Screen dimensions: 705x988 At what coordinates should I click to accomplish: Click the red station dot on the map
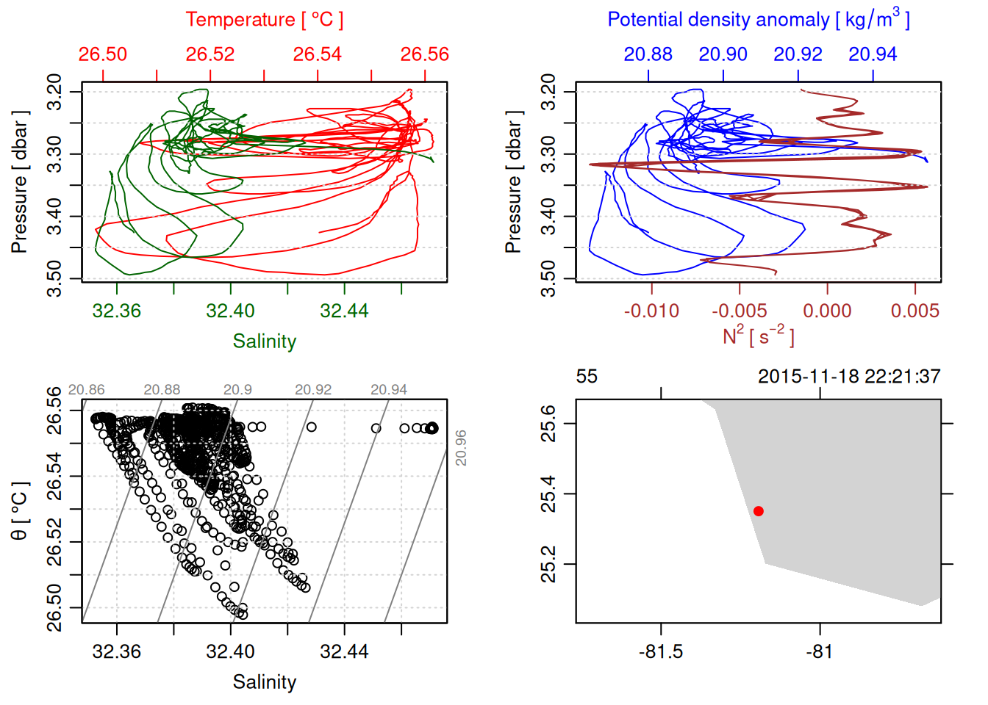(x=758, y=511)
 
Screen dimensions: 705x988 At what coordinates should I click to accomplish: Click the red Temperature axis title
(x=264, y=20)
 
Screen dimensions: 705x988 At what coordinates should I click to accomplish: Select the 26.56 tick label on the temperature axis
(x=424, y=54)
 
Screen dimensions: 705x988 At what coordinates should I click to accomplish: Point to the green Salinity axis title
(x=264, y=341)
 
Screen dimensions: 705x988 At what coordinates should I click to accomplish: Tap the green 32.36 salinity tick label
(x=117, y=311)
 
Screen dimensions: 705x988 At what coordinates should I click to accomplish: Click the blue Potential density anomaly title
(x=758, y=20)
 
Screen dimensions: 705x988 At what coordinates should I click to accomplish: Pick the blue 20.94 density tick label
(x=873, y=54)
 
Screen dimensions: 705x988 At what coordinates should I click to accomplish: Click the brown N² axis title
(x=758, y=336)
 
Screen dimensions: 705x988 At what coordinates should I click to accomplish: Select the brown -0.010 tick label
(x=651, y=311)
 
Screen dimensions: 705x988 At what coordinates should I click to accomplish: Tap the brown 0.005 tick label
(x=914, y=311)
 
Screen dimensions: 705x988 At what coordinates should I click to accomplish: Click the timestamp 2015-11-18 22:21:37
(x=849, y=377)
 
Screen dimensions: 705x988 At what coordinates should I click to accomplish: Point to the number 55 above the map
(x=587, y=377)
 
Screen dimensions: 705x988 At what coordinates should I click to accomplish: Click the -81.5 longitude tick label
(x=661, y=652)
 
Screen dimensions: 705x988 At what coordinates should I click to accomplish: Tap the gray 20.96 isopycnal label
(x=461, y=448)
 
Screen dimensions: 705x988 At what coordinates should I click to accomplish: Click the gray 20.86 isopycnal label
(x=86, y=390)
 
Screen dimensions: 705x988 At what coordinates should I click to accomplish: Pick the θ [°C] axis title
(x=20, y=511)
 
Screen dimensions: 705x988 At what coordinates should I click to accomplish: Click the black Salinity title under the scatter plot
(x=264, y=682)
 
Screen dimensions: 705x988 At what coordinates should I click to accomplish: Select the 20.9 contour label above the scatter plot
(x=237, y=390)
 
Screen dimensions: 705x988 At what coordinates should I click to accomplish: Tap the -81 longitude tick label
(x=819, y=652)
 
